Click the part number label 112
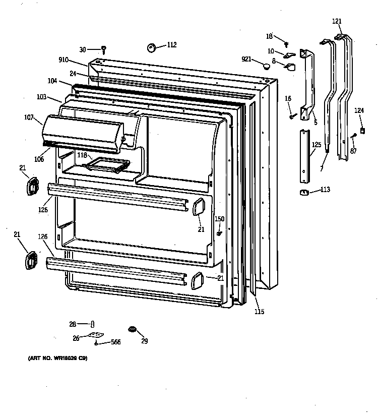(x=172, y=45)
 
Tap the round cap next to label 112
(x=152, y=48)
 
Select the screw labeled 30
(x=104, y=49)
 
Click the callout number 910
(x=63, y=60)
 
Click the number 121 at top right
(x=337, y=21)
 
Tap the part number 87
(x=353, y=151)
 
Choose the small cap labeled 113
(x=303, y=192)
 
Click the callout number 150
(x=219, y=219)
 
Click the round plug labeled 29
(x=133, y=330)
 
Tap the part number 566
(x=115, y=342)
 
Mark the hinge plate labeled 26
(x=94, y=335)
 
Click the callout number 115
(x=259, y=312)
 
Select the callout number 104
(x=52, y=81)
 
